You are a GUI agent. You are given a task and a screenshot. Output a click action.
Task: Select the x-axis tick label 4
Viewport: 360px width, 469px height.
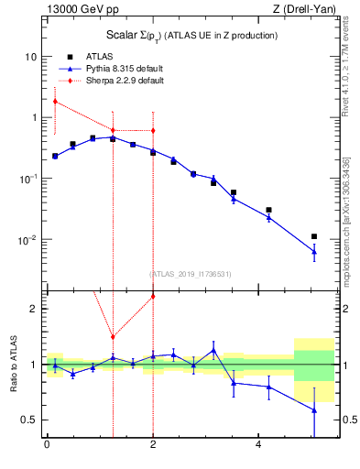click(259, 444)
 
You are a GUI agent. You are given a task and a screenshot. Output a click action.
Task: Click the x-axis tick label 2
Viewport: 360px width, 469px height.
click(153, 444)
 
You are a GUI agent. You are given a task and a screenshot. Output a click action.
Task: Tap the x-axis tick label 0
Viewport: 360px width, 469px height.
click(47, 444)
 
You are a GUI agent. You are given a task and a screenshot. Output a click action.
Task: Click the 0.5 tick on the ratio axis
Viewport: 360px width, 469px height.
click(28, 420)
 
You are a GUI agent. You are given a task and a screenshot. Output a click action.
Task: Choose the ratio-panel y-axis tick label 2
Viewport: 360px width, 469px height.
click(33, 309)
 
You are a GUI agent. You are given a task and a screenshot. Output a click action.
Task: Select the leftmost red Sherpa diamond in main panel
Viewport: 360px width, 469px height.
click(55, 101)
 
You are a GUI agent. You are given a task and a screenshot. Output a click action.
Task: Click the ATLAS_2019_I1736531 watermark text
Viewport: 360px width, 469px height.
click(191, 274)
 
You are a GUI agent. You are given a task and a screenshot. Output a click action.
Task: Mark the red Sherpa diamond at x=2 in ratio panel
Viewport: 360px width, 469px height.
click(153, 296)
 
